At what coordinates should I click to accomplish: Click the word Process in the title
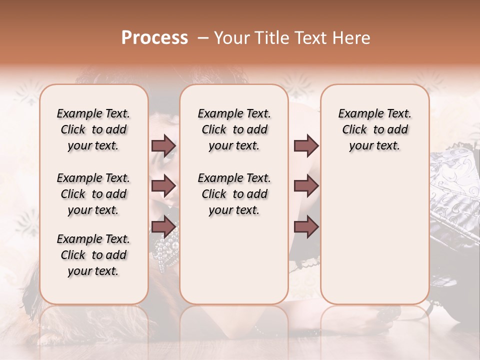154,38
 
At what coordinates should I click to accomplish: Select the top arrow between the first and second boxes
163,146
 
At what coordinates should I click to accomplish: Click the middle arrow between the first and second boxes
163,186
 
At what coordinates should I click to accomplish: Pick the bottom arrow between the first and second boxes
163,226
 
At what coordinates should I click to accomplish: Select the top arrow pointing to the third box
306,146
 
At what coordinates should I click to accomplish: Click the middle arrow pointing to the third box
306,186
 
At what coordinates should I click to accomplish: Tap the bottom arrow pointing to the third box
306,226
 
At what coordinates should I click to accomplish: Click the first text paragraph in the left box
93,129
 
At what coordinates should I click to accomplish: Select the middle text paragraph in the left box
93,194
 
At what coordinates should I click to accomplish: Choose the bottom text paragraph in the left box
93,255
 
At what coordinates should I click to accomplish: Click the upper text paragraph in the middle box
234,129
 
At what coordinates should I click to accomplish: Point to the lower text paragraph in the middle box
234,194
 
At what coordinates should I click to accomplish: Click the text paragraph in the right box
374,129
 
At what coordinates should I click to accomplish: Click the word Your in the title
231,38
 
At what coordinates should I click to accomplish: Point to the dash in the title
202,38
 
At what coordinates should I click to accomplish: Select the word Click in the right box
354,130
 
